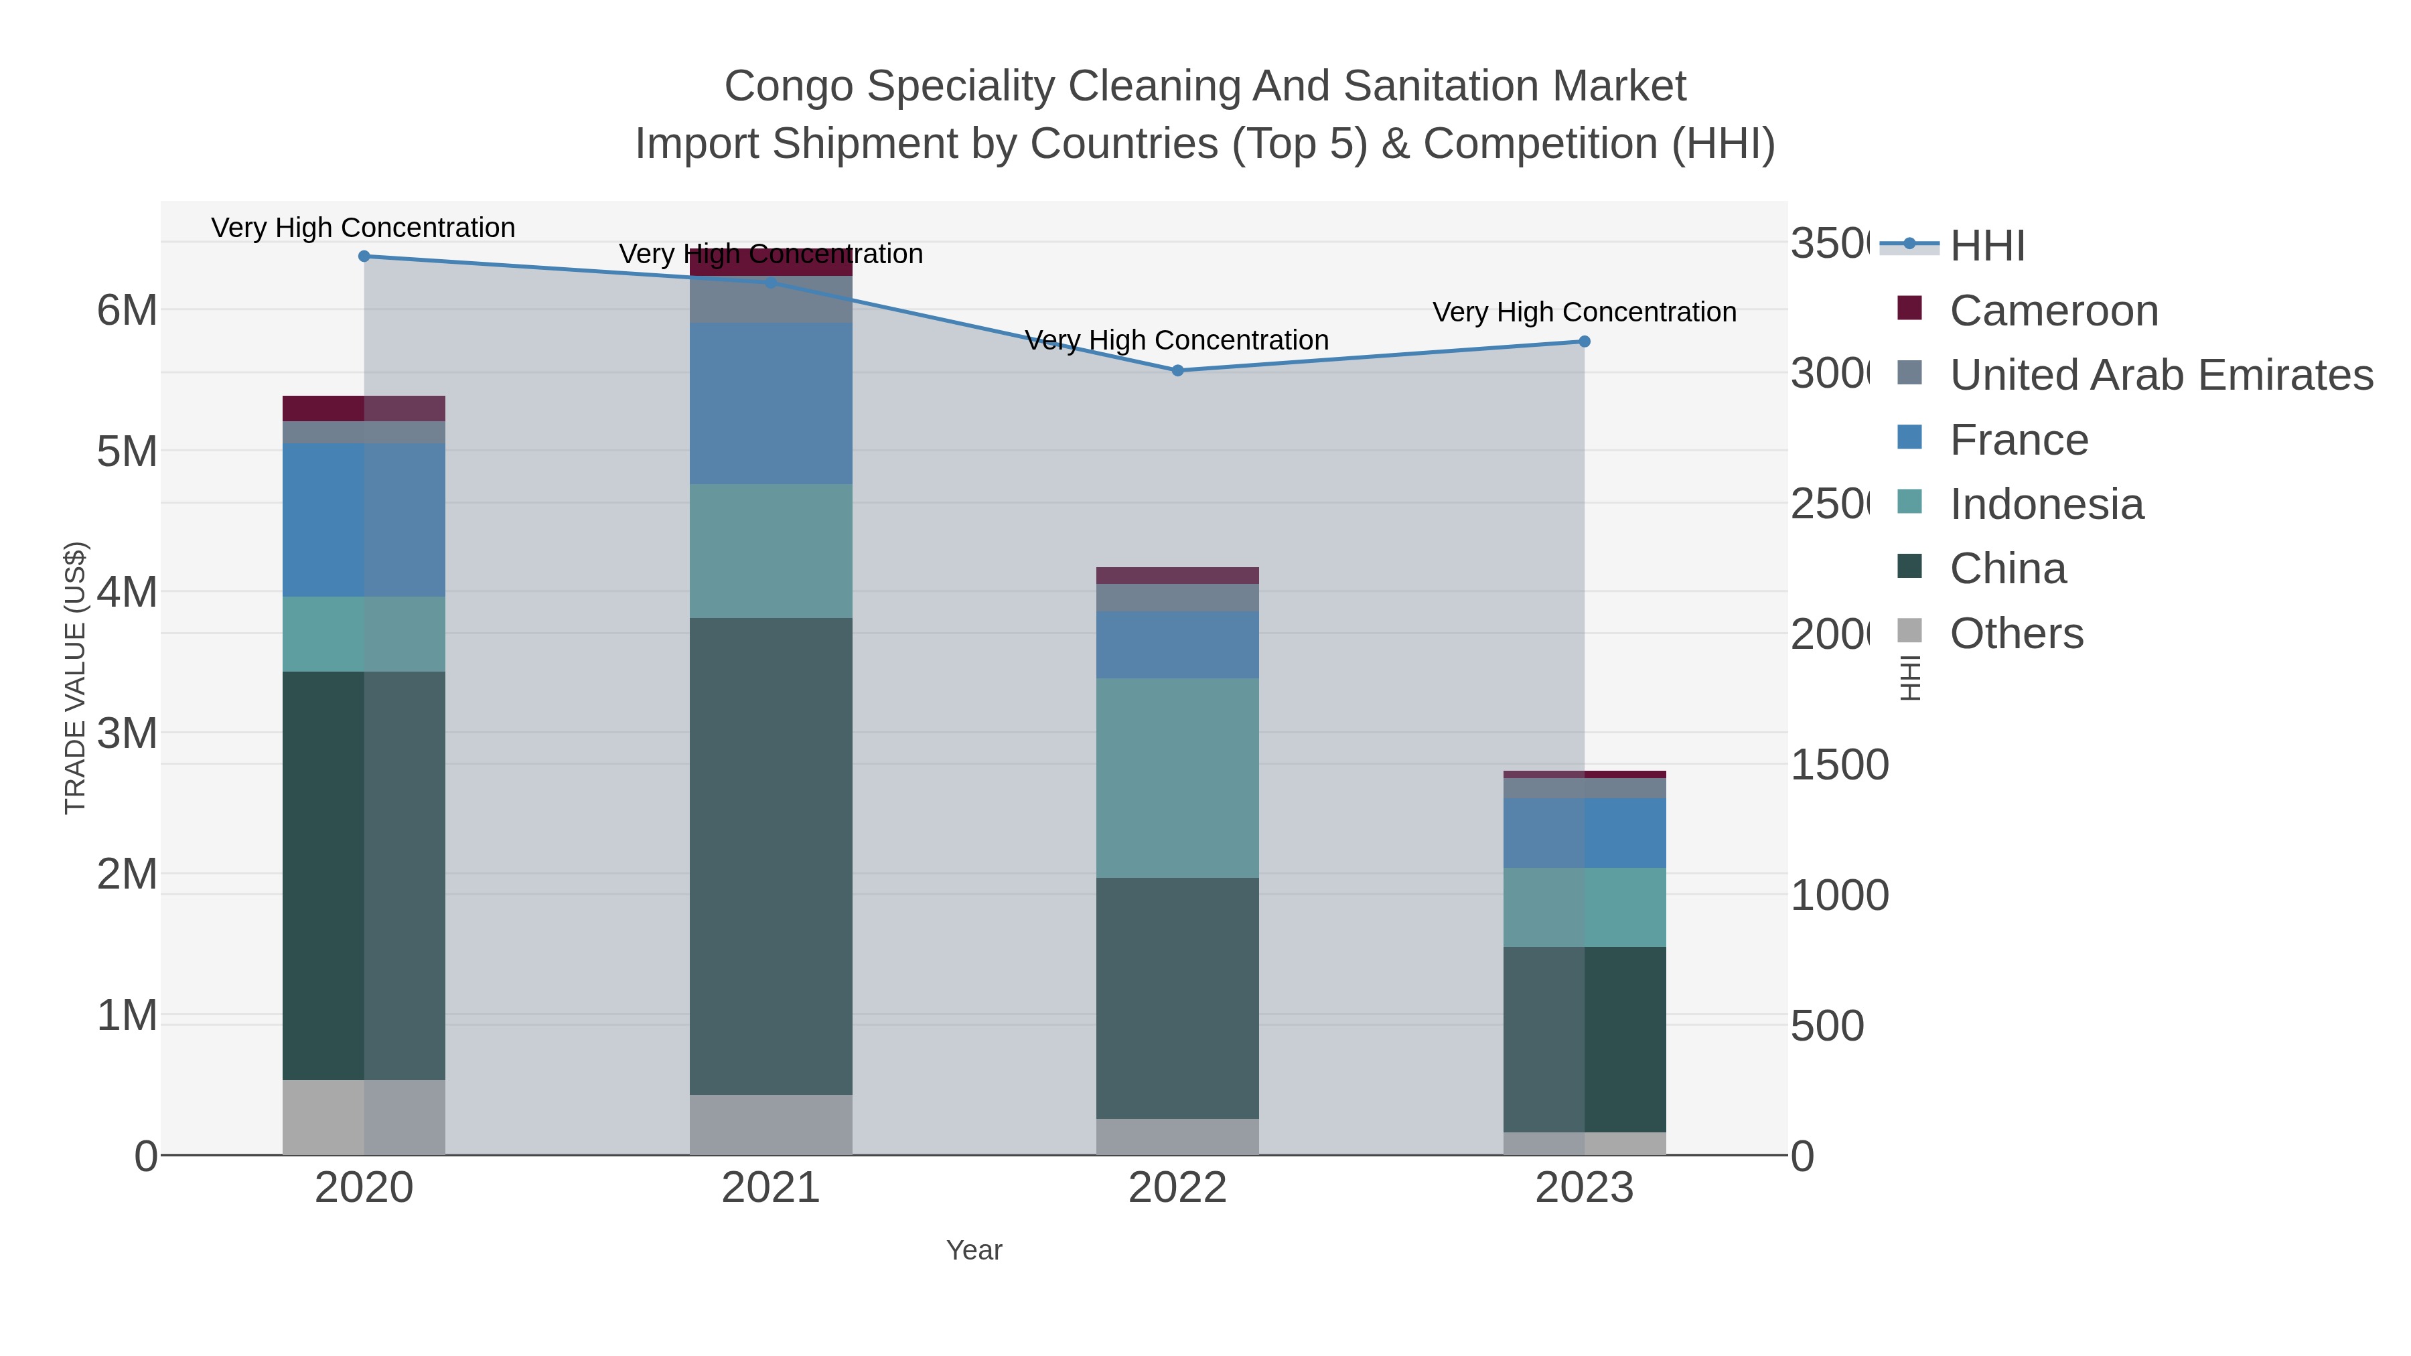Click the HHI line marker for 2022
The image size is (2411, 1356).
pyautogui.click(x=1177, y=370)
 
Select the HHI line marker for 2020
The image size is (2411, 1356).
pyautogui.click(x=364, y=256)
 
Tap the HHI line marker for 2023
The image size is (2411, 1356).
pyautogui.click(x=1585, y=342)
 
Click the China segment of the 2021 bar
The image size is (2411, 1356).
pyautogui.click(x=772, y=856)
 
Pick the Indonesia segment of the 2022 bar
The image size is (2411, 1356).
pyautogui.click(x=1177, y=777)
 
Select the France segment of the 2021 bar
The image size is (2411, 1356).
pyautogui.click(x=772, y=403)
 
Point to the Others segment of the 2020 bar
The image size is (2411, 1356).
pyautogui.click(x=364, y=1118)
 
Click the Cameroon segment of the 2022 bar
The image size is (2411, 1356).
pyautogui.click(x=1177, y=575)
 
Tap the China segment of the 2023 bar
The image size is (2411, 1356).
pyautogui.click(x=1585, y=1040)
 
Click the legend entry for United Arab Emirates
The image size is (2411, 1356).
pyautogui.click(x=2160, y=375)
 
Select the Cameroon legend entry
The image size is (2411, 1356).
pyautogui.click(x=2053, y=311)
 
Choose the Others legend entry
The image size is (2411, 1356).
pyautogui.click(x=2016, y=633)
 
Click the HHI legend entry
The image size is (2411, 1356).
pyautogui.click(x=1987, y=246)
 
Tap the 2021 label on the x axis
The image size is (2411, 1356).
pyautogui.click(x=772, y=1189)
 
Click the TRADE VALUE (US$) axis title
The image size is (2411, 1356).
pyautogui.click(x=75, y=678)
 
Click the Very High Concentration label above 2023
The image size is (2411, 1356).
pyautogui.click(x=1585, y=313)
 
